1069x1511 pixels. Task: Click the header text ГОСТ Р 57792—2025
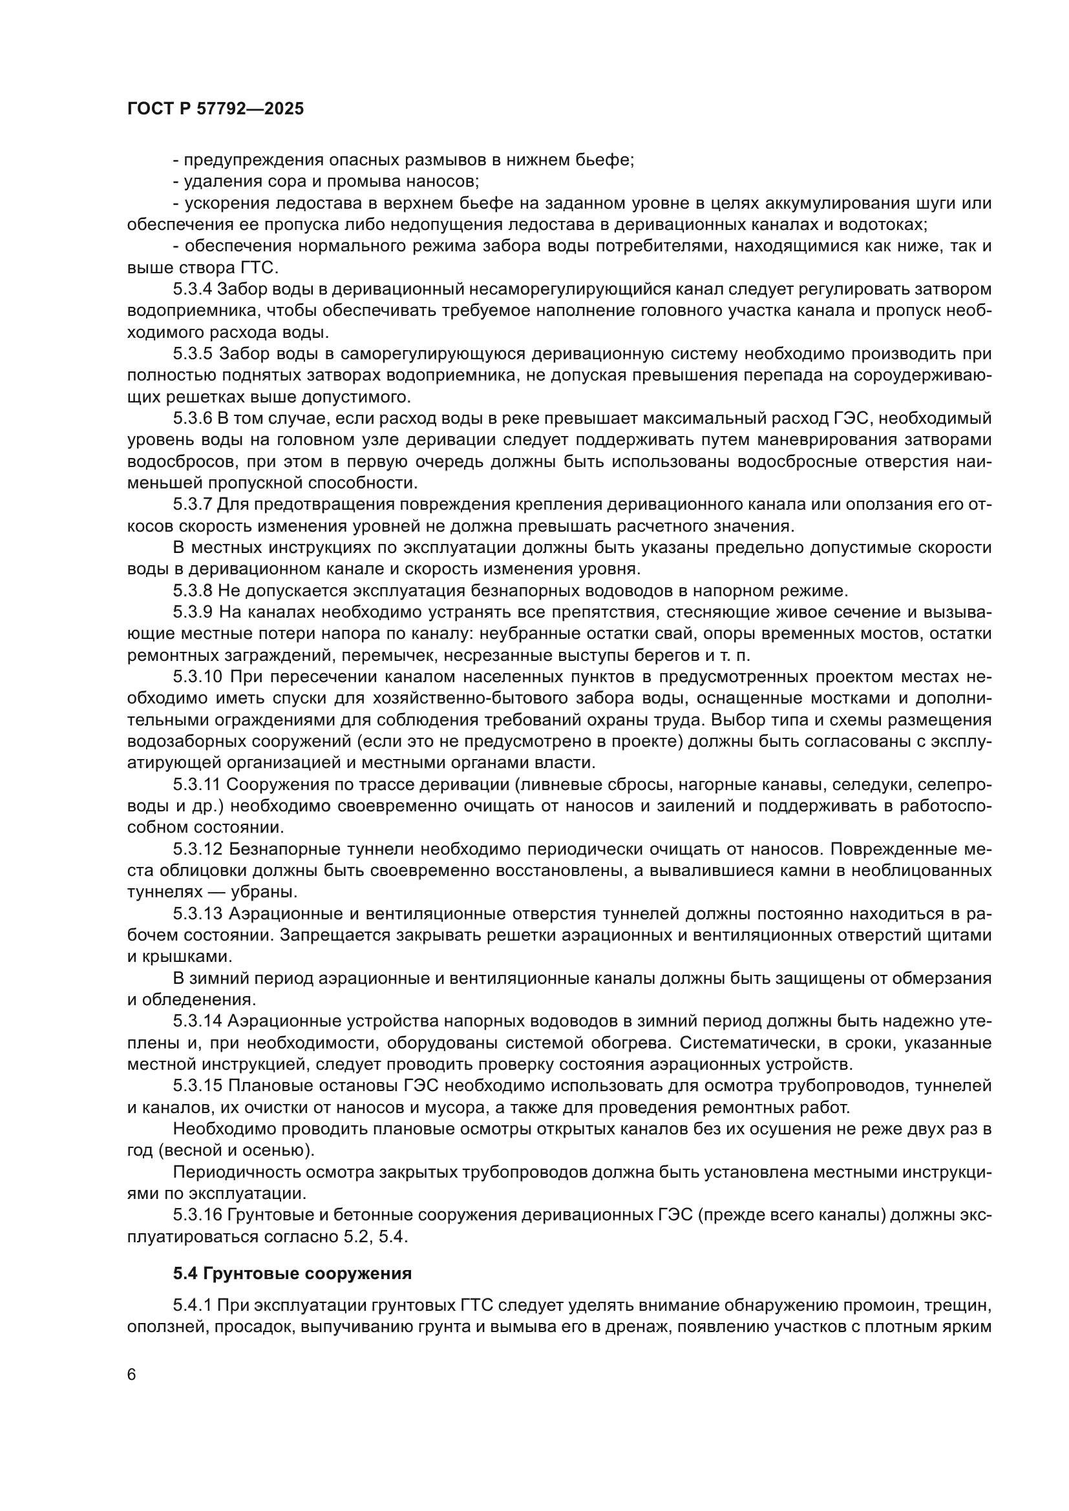click(x=215, y=109)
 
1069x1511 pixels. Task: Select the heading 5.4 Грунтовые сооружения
click(x=292, y=1273)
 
